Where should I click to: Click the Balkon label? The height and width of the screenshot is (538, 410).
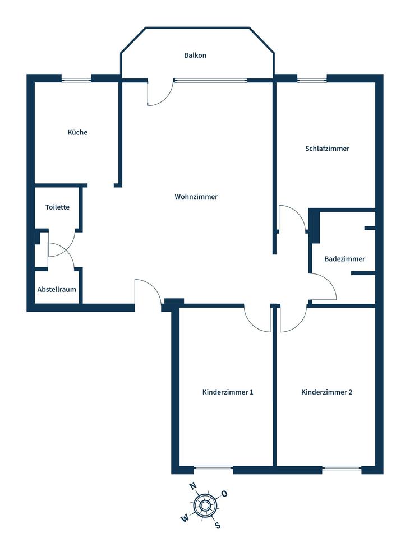195,55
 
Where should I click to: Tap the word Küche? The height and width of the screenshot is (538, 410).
77,132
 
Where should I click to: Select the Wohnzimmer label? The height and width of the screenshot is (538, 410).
196,197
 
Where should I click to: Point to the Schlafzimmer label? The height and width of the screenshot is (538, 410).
328,149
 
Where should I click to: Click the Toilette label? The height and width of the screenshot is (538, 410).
57,207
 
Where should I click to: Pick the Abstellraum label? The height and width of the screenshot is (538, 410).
57,290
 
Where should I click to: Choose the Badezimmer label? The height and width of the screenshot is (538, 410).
344,259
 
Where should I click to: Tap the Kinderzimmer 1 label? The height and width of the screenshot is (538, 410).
228,392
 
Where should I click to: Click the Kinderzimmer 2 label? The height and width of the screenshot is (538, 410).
326,392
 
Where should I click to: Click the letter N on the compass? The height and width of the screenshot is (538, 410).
192,486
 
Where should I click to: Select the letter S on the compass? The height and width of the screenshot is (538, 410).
218,525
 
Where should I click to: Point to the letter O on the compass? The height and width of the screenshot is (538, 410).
224,494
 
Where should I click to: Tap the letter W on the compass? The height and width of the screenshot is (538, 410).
184,518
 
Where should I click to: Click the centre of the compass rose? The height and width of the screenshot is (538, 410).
205,506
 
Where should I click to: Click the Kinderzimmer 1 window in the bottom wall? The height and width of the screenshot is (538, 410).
213,468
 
